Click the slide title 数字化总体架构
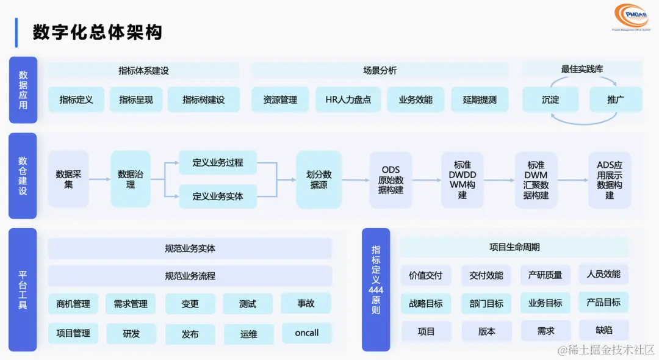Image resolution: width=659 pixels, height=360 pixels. (x=98, y=32)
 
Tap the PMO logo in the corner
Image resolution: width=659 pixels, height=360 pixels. (x=632, y=16)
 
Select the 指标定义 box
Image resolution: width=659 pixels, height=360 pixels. (x=76, y=99)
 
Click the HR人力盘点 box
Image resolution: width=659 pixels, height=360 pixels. (x=348, y=99)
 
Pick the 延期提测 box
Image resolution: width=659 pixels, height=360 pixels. (x=480, y=99)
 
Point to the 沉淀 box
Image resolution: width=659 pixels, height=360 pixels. (x=550, y=99)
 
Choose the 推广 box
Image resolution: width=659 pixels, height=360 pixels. (x=616, y=99)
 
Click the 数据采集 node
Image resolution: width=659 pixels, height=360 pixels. (x=68, y=179)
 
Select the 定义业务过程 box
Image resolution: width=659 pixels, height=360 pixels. (x=218, y=162)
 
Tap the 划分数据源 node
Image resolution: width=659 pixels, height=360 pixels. (x=319, y=179)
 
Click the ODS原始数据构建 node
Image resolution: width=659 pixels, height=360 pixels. (x=391, y=179)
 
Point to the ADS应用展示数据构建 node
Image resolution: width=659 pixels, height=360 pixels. (x=610, y=179)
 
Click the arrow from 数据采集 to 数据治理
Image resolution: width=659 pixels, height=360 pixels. (x=99, y=179)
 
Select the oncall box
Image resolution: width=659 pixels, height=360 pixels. (x=307, y=333)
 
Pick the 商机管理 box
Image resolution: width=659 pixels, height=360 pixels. (x=73, y=303)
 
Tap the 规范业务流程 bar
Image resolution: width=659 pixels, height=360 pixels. (x=190, y=276)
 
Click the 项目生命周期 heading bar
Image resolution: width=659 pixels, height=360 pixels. (x=514, y=247)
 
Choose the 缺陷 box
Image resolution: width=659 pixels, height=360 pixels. (x=603, y=330)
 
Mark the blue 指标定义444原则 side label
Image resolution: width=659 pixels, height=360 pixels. (x=376, y=289)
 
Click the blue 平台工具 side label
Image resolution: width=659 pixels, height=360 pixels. (x=23, y=289)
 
